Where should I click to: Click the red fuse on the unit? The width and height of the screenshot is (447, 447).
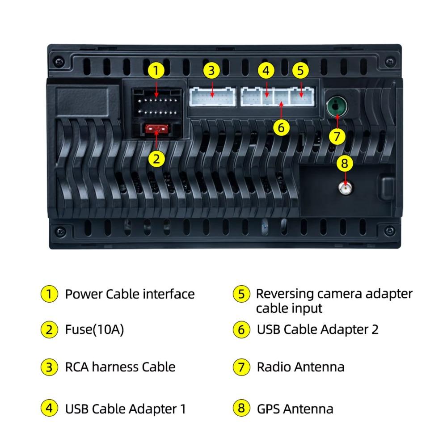(x=156, y=129)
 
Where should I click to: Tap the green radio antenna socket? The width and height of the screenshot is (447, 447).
(x=337, y=106)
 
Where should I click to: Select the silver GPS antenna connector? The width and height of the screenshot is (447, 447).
(x=345, y=188)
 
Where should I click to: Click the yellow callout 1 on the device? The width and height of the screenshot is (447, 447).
(x=156, y=71)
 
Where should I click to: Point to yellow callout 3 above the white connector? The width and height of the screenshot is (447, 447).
(x=211, y=71)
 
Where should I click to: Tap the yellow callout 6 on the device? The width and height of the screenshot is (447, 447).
(x=281, y=127)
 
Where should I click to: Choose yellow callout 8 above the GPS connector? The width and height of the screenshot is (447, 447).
(x=345, y=163)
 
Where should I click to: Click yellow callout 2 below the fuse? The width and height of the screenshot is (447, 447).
(x=156, y=159)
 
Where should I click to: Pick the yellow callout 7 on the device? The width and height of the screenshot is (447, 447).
(x=337, y=136)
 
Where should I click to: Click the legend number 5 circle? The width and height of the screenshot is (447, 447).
(x=241, y=294)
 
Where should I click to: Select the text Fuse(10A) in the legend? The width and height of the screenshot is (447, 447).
(x=94, y=329)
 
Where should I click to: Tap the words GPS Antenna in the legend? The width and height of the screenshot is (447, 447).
(x=295, y=409)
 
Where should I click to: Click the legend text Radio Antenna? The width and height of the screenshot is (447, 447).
(x=300, y=367)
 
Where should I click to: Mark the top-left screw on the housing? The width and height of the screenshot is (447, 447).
(x=59, y=61)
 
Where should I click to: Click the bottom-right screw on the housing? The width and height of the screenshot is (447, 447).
(x=390, y=230)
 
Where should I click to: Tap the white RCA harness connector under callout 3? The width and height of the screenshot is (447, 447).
(x=213, y=97)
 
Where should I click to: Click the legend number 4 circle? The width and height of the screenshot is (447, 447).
(x=49, y=408)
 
